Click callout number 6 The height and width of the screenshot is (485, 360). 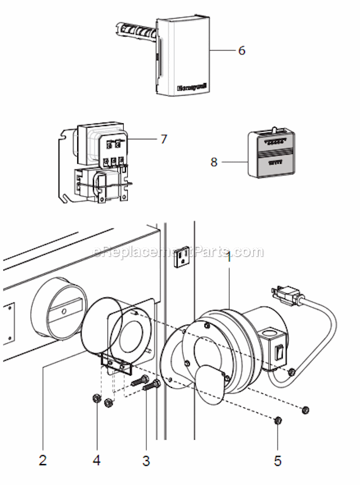click(x=242, y=51)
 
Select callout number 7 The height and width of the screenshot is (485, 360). click(x=164, y=140)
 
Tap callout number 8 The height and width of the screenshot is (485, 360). click(x=214, y=162)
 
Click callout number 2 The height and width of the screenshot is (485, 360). click(x=42, y=461)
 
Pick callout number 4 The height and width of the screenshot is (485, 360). click(x=96, y=461)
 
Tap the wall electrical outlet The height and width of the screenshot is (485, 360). click(x=182, y=256)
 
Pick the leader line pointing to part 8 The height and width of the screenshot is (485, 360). click(x=232, y=162)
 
